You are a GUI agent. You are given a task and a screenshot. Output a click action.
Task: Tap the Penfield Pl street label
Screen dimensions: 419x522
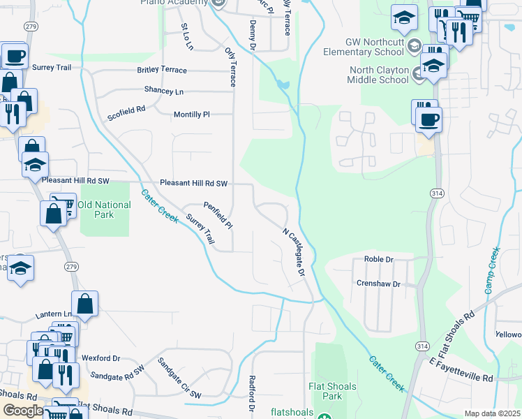pos(217,216)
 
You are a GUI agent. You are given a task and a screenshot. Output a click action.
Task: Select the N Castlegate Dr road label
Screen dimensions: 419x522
pos(294,251)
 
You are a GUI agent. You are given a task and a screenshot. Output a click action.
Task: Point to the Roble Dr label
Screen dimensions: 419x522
pos(379,260)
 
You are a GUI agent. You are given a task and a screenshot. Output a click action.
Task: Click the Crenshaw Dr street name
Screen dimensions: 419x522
pos(378,284)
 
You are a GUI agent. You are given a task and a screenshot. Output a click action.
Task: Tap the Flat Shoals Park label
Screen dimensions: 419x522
pos(332,391)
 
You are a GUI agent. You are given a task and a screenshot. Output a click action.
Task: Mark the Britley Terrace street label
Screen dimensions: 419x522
pos(162,71)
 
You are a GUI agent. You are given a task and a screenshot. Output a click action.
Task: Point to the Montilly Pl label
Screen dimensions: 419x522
pos(191,114)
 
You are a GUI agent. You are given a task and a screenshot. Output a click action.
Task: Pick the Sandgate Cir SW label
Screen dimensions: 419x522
pos(179,378)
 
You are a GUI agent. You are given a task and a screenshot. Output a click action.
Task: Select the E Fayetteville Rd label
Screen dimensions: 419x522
pos(461,369)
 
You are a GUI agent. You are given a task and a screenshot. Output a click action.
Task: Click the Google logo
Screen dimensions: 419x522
pos(23,411)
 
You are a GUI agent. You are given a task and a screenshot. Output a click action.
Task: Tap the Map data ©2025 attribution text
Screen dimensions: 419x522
pos(491,413)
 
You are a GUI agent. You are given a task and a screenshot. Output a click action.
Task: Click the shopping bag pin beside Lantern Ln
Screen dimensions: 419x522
pos(84,304)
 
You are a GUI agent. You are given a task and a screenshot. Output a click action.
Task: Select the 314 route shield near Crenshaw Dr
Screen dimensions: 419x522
pos(422,346)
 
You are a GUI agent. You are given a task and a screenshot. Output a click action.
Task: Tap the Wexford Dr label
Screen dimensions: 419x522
pos(101,358)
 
